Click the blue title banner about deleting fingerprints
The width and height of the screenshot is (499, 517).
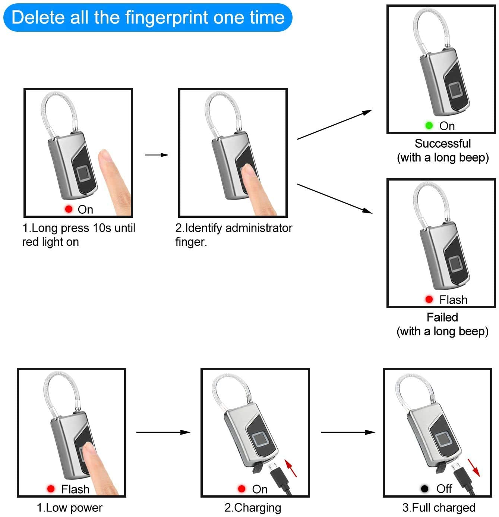point(148,18)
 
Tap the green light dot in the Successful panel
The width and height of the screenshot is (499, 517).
point(429,125)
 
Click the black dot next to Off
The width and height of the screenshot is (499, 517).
point(424,488)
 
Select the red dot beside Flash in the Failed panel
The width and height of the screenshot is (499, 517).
point(429,299)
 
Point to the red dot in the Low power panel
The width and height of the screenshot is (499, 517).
point(51,488)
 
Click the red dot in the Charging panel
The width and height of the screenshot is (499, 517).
point(241,488)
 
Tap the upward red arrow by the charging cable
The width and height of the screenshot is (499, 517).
point(291,468)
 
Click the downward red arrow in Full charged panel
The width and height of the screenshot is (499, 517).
point(474,468)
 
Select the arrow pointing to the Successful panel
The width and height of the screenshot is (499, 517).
point(335,124)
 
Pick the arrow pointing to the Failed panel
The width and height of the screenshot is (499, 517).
point(335,198)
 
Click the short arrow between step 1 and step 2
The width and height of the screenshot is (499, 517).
point(157,155)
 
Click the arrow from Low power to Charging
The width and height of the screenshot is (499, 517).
point(163,432)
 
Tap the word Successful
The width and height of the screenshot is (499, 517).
point(443,144)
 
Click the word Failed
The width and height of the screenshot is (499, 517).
point(442,317)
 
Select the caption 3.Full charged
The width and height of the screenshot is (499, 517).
point(439,508)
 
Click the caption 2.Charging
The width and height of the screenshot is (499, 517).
point(253,508)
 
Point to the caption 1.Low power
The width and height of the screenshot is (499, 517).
point(69,508)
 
